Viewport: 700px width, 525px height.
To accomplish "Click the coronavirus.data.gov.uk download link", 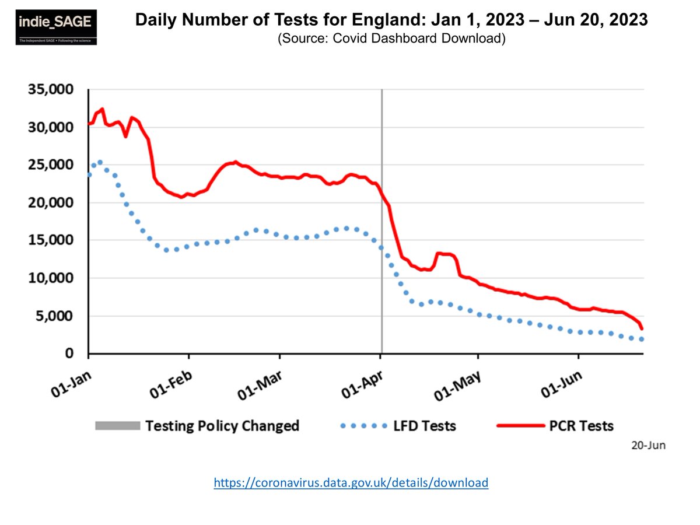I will click(351, 483).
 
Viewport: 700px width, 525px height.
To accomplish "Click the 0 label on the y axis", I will click(69, 354).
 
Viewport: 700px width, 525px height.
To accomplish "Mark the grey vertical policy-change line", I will click(381, 222).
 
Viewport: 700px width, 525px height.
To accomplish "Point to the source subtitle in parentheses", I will click(391, 40).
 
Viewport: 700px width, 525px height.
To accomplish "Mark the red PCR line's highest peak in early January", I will click(102, 109).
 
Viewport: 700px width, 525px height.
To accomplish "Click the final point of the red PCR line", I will click(642, 328).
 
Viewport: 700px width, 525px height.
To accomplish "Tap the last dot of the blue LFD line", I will click(642, 339).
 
